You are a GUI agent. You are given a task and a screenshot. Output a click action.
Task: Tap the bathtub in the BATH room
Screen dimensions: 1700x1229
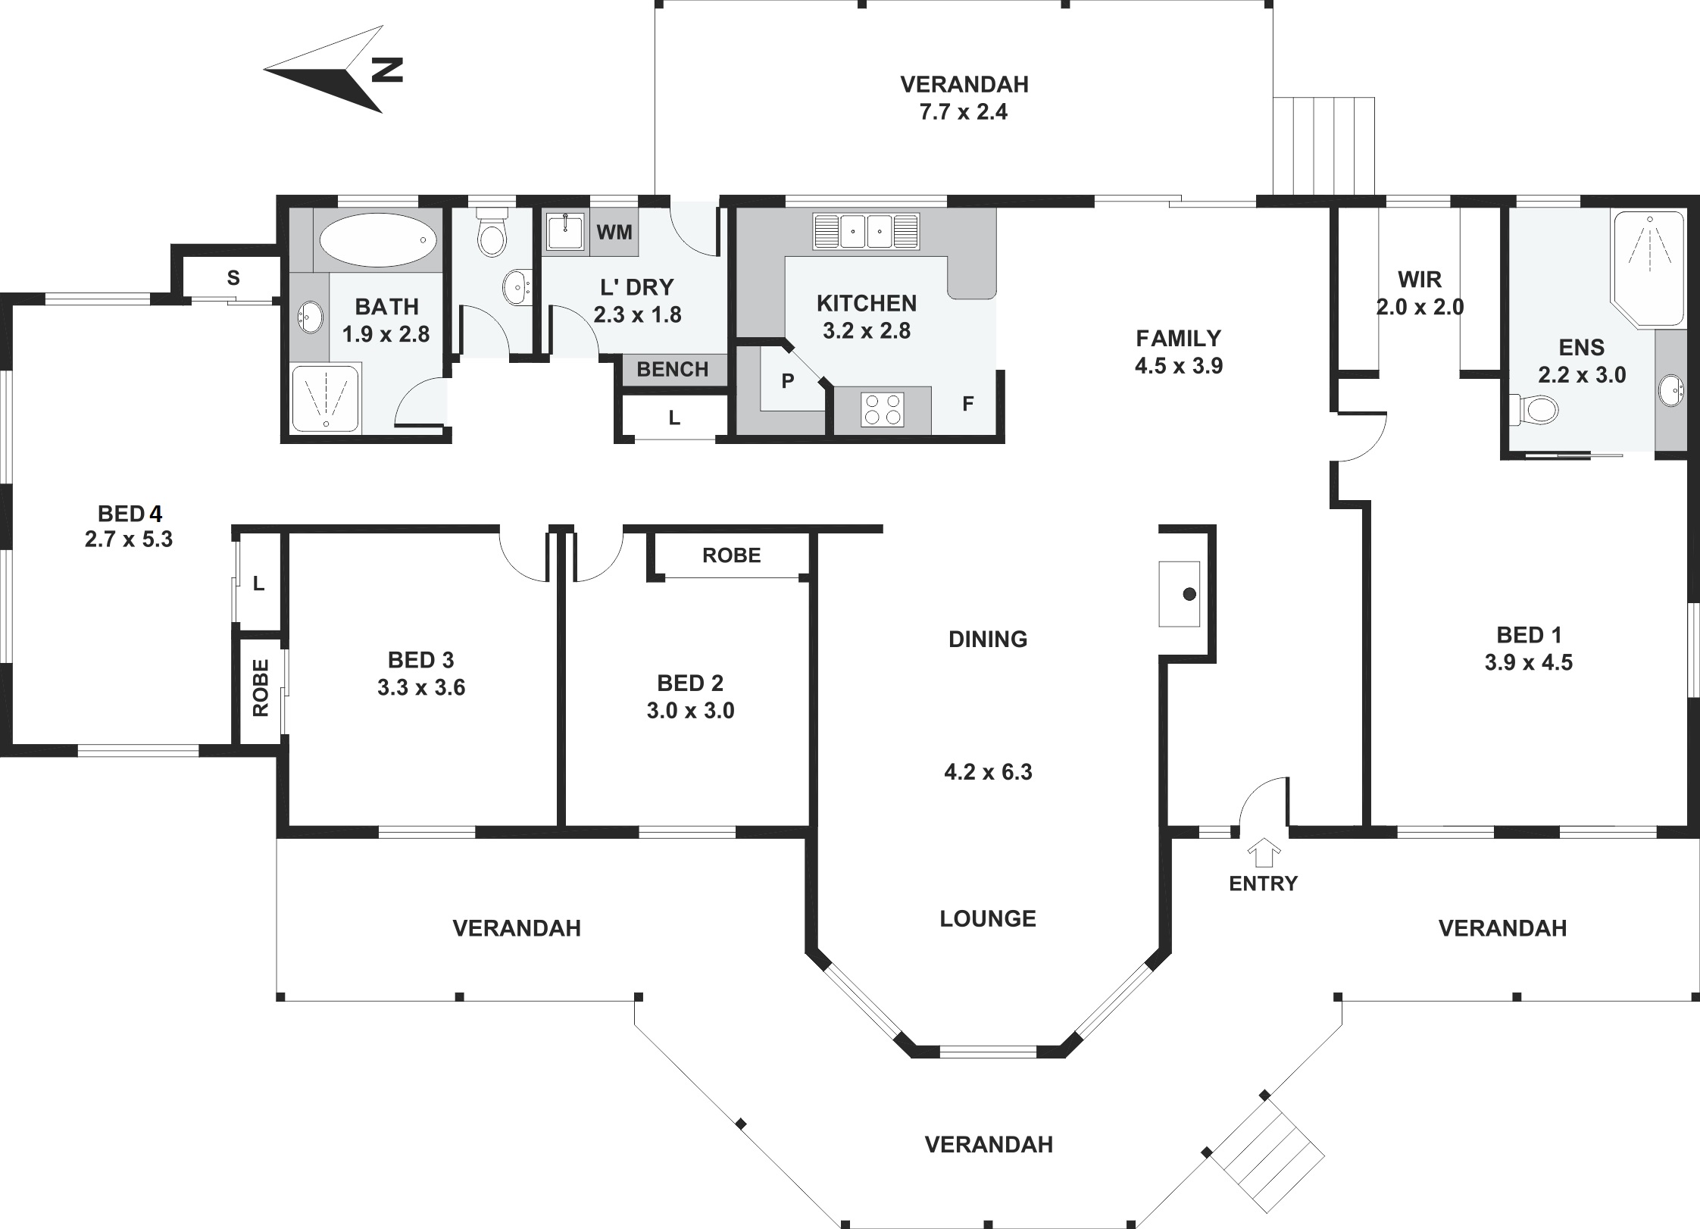pos(378,239)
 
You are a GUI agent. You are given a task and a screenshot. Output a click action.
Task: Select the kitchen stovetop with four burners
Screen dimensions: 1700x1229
pos(883,409)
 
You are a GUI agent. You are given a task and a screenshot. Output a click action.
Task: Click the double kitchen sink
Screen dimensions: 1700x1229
pos(866,231)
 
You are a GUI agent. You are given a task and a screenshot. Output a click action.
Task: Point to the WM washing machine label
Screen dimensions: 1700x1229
pos(614,232)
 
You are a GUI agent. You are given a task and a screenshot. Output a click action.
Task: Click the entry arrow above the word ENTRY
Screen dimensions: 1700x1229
pos(1263,852)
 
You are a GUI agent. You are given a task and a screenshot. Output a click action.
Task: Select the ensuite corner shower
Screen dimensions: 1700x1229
pos(1648,269)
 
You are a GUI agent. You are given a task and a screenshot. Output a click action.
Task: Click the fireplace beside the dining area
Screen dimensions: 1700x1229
pos(1180,594)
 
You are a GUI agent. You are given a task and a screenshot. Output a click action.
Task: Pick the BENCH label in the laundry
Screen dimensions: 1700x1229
pos(673,369)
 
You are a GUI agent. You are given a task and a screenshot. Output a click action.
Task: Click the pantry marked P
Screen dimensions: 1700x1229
pos(788,380)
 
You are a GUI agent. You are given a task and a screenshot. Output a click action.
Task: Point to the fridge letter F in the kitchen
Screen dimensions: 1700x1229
pos(967,404)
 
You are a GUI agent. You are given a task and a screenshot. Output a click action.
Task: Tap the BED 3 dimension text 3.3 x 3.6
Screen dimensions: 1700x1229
pos(421,687)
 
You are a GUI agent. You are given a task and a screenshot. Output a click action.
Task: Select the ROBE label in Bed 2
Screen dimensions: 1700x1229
pos(731,555)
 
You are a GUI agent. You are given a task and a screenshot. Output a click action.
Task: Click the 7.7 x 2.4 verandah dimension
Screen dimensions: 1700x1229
pos(964,112)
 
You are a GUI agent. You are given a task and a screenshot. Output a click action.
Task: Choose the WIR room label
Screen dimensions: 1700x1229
pos(1420,280)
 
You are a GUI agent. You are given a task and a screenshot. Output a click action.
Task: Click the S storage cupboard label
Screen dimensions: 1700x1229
pos(233,278)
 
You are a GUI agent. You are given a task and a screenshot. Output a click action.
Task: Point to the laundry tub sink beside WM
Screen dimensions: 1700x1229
pos(564,232)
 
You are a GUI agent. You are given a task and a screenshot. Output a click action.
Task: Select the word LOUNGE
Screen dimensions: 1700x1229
pos(988,918)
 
